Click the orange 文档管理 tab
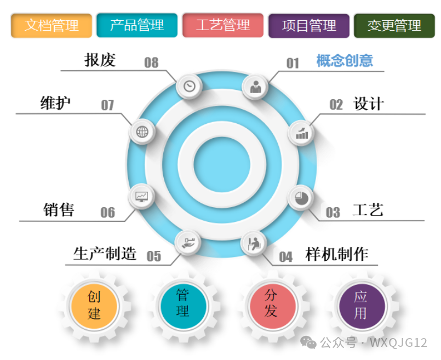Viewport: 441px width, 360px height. (51, 25)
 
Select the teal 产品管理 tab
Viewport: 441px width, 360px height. (137, 25)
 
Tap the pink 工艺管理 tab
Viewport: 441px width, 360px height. (223, 25)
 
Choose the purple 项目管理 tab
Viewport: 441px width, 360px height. (309, 25)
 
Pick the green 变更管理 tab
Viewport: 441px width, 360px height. (394, 25)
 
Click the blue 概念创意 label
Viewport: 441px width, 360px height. (345, 60)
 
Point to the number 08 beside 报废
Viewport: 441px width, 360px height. (151, 62)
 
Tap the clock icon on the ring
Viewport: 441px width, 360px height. (190, 86)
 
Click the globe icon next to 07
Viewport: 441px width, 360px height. (142, 132)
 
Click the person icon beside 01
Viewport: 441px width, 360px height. (255, 87)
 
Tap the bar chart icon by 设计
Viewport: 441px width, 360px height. (302, 133)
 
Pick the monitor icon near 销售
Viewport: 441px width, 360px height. (142, 196)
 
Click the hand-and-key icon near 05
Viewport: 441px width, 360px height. (188, 242)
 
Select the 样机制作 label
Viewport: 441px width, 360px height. (337, 254)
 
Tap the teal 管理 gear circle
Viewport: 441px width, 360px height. (182, 304)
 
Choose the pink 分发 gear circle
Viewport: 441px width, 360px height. (271, 304)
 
